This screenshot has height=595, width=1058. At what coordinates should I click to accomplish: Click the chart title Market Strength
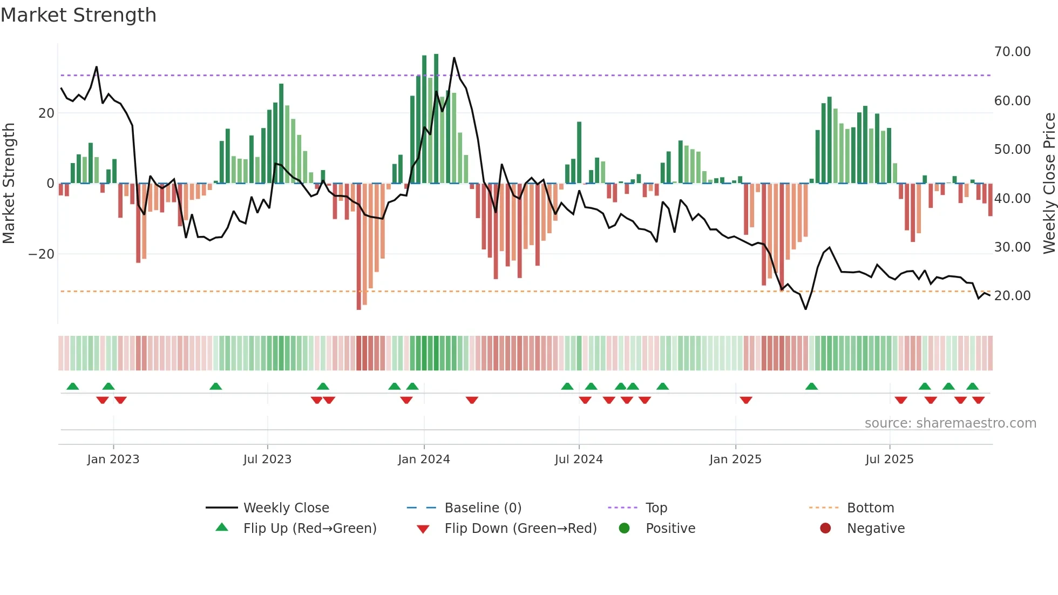[x=78, y=15]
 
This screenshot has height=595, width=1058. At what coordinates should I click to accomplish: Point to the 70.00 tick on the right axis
[x=1012, y=52]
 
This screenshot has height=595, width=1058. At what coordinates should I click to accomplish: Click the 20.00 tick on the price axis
[x=1012, y=296]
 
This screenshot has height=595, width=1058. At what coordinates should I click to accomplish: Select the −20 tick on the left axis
[x=42, y=254]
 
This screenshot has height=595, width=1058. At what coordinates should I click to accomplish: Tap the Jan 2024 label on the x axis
[x=424, y=459]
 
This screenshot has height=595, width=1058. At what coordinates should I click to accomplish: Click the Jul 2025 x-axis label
[x=889, y=459]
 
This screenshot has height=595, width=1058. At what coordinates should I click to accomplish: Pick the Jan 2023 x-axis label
[x=113, y=459]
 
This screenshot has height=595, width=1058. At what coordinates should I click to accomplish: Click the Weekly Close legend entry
[x=286, y=508]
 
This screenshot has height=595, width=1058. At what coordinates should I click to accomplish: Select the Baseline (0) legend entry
[x=483, y=508]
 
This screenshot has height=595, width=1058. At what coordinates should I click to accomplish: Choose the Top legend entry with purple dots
[x=656, y=508]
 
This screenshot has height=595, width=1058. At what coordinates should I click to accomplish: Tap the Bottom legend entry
[x=870, y=508]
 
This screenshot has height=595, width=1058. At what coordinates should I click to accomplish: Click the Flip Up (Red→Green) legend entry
[x=309, y=529]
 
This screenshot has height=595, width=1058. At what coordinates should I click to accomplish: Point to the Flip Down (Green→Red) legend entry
[x=520, y=529]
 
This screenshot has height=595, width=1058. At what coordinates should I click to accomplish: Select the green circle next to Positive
[x=625, y=529]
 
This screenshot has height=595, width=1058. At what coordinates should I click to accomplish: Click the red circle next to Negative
[x=825, y=529]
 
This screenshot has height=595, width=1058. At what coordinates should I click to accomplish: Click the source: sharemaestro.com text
[x=950, y=423]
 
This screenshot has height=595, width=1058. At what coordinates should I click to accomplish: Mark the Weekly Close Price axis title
[x=1049, y=184]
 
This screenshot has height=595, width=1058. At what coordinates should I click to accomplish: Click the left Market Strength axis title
[x=9, y=184]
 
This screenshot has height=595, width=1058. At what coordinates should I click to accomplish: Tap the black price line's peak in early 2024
[x=454, y=58]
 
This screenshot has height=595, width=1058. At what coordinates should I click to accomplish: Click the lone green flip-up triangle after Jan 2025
[x=811, y=386]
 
